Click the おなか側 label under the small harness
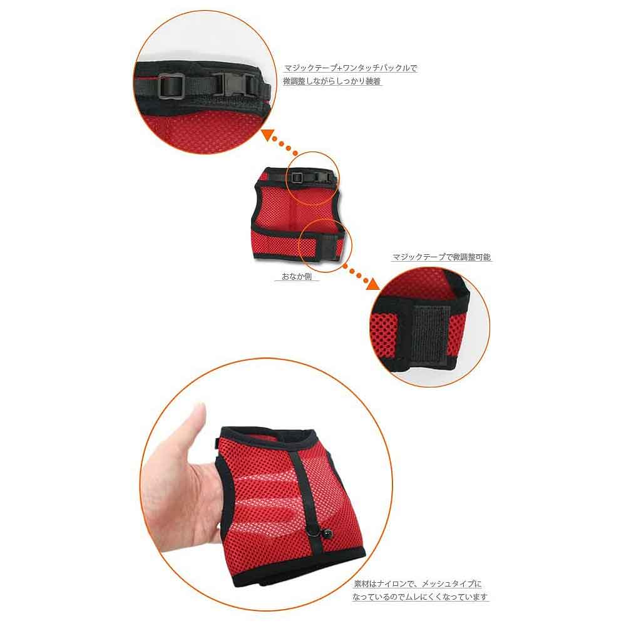297,276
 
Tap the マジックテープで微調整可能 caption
441,257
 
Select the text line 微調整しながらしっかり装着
332,81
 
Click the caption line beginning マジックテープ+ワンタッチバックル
351,68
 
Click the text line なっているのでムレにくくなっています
420,597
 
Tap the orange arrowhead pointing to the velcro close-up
373,283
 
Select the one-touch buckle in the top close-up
235,85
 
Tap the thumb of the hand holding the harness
198,423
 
